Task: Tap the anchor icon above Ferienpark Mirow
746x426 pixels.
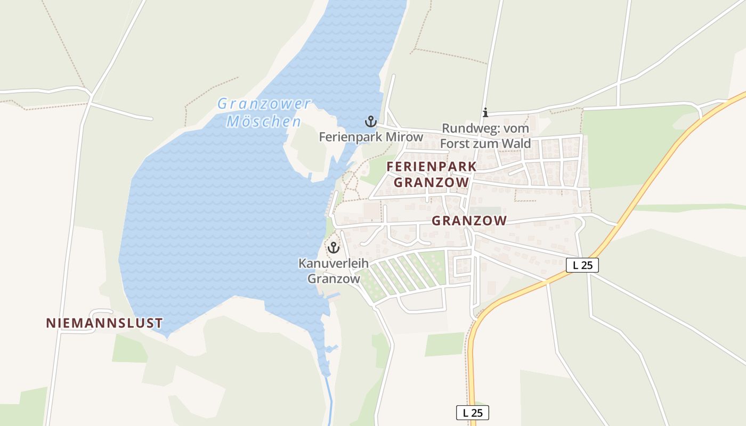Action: click(370, 121)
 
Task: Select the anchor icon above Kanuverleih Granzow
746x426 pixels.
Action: click(334, 248)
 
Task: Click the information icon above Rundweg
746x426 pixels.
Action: click(485, 112)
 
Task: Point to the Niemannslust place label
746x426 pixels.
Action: click(104, 323)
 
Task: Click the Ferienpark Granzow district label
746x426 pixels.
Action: click(431, 174)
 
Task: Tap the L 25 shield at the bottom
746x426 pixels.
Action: click(472, 412)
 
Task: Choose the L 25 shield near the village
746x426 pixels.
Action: click(582, 265)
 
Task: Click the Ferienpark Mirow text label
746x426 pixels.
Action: click(371, 137)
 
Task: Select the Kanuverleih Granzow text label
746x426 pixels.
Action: click(333, 271)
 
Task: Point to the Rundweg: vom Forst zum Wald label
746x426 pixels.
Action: click(486, 136)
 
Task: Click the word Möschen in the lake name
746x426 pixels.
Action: click(264, 121)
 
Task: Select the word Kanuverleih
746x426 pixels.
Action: click(333, 263)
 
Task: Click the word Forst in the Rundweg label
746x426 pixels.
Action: click(457, 143)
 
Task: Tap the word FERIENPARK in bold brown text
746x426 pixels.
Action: click(431, 166)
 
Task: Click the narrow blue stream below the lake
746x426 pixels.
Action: click(330, 399)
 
